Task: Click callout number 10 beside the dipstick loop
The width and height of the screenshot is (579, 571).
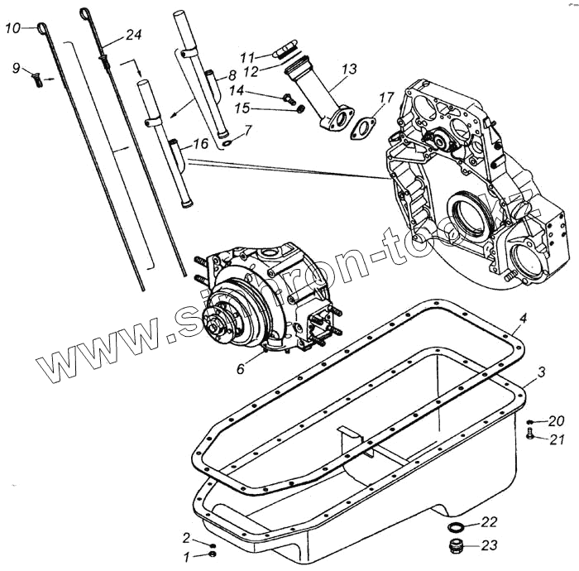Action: [12, 29]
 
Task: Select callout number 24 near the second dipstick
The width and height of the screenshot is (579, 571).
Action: [133, 35]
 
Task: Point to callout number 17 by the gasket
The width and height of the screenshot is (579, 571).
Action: [385, 98]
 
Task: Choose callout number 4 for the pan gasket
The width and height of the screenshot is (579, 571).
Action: [522, 317]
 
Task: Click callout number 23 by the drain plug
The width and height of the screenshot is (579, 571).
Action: [489, 545]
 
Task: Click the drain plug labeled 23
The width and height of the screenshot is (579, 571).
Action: [455, 546]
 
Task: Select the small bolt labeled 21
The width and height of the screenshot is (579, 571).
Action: [530, 436]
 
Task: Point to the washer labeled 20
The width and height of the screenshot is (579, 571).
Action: [529, 421]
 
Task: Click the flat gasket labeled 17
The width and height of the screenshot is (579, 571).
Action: [363, 130]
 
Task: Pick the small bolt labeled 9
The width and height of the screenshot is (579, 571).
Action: [37, 79]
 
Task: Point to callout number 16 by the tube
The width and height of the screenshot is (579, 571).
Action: [200, 144]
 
